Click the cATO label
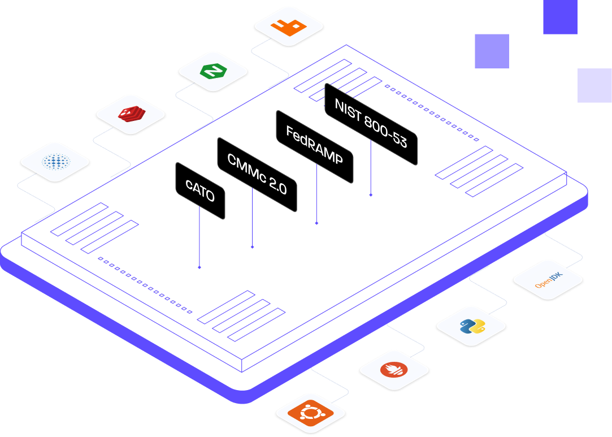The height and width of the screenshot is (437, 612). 200,191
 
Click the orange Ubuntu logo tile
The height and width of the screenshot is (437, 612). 310,414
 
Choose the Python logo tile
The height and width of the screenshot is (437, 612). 471,327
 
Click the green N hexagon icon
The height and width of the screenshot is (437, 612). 213,71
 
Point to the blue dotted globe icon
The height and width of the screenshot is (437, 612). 55,162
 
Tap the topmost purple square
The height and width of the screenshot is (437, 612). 560,17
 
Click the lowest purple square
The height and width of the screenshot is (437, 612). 594,85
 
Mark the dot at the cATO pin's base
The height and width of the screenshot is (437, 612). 199,267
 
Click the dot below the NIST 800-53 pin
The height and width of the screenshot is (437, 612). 371,195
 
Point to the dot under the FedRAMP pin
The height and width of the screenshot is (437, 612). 316,223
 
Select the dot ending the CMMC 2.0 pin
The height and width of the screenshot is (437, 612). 252,247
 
